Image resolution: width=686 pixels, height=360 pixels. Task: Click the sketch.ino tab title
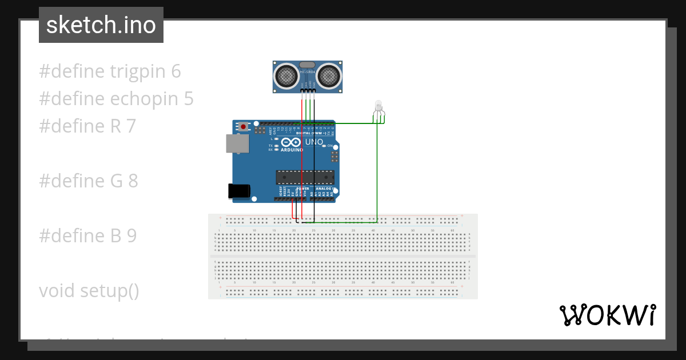(x=101, y=25)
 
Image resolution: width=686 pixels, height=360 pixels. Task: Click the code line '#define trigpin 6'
(x=110, y=71)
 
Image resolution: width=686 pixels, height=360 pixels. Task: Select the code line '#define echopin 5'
(x=116, y=99)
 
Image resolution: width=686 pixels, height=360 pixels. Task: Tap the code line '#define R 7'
(x=87, y=126)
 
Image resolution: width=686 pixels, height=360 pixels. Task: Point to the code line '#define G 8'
(x=89, y=181)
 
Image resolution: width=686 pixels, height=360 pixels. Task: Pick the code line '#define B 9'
(x=88, y=236)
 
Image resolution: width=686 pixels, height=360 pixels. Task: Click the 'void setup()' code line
(x=89, y=291)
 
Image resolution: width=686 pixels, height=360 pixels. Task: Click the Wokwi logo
(x=607, y=315)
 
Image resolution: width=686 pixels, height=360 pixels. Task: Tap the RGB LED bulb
(x=378, y=106)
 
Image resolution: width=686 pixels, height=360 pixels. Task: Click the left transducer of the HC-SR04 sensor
(x=286, y=75)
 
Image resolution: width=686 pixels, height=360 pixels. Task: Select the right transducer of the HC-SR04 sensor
(x=329, y=75)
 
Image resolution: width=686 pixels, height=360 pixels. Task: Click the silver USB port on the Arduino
(x=237, y=143)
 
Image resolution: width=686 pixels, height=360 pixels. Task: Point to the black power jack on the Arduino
(x=239, y=191)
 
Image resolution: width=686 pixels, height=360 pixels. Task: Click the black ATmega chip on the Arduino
(x=305, y=177)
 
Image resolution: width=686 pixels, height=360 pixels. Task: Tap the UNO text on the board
(x=314, y=142)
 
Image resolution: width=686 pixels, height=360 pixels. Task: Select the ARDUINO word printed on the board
(x=292, y=150)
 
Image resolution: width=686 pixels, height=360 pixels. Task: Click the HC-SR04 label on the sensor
(x=308, y=72)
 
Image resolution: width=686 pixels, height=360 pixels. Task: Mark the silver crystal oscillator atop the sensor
(x=308, y=65)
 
